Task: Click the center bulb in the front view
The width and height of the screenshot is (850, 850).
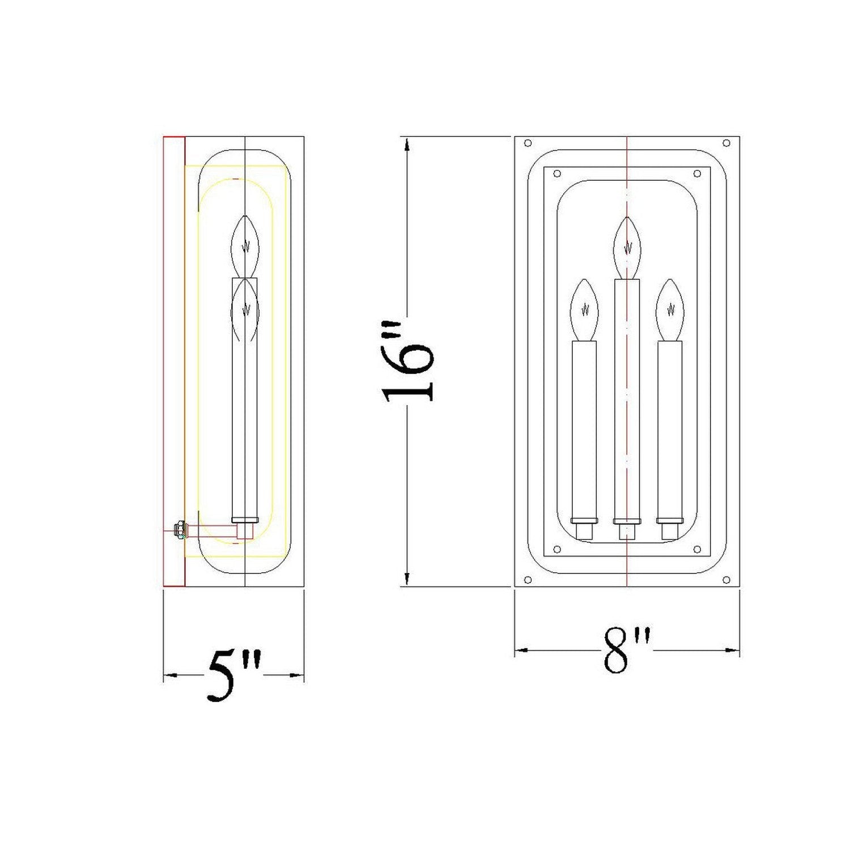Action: click(627, 247)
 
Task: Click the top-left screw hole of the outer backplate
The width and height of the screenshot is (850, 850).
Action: click(528, 143)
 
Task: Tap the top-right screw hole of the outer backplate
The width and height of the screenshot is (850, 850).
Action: click(726, 143)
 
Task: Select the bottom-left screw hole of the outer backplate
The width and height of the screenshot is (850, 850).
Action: click(528, 580)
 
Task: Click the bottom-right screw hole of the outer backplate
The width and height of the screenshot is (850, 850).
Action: click(726, 580)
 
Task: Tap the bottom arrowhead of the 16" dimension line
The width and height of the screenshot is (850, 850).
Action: click(407, 578)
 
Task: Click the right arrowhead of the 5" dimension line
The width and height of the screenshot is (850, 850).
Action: click(297, 674)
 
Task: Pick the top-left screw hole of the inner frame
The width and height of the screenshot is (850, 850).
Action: click(556, 173)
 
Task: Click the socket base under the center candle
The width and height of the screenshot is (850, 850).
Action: click(627, 532)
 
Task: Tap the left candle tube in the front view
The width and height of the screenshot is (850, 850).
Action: click(584, 431)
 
